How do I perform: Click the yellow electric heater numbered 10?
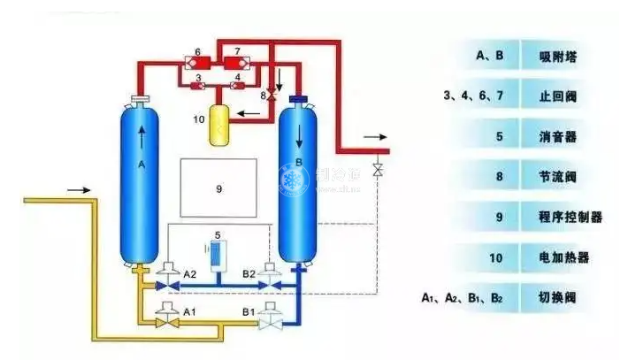point(218,126)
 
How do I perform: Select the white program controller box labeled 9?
point(218,188)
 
